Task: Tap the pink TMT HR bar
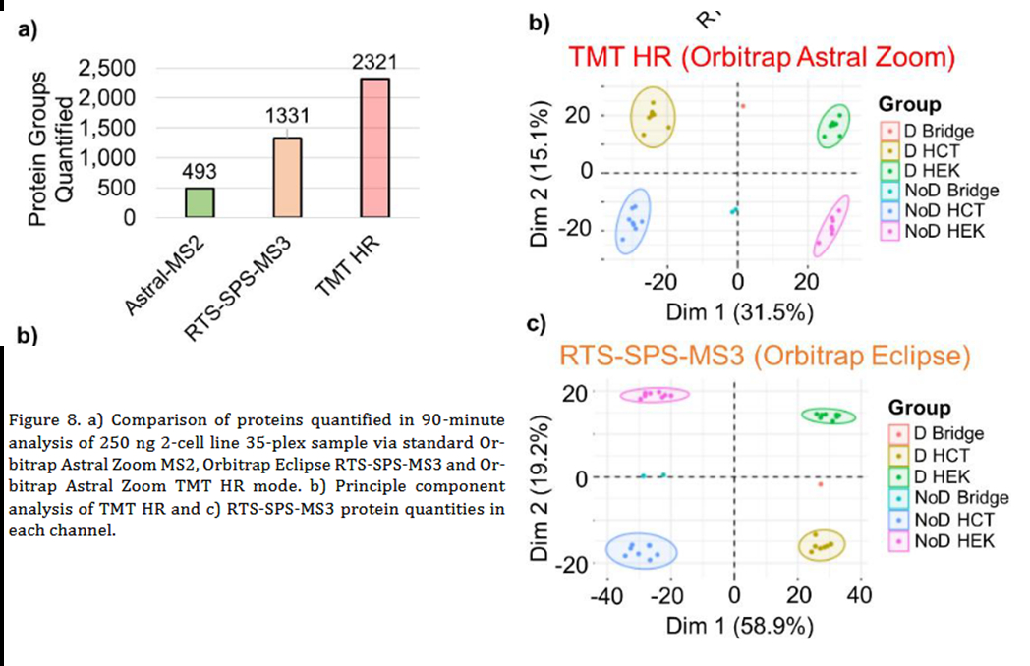click(374, 148)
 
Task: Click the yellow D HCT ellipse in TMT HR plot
click(654, 117)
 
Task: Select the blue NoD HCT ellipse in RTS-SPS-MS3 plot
click(641, 552)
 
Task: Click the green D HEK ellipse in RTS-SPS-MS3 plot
click(829, 416)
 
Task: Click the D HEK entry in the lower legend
click(941, 476)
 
